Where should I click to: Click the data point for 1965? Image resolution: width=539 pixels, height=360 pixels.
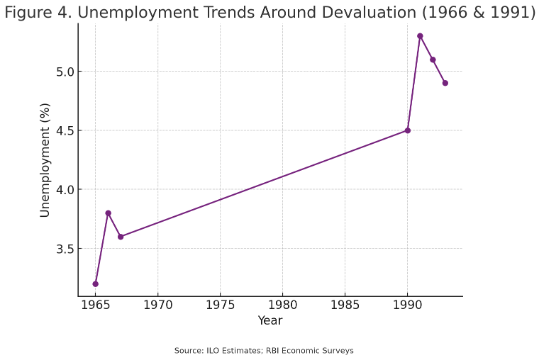(95, 283)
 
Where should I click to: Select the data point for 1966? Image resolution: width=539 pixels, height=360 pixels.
(108, 213)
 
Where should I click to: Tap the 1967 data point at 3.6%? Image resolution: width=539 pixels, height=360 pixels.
(121, 237)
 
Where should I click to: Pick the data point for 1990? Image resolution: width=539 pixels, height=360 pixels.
(407, 130)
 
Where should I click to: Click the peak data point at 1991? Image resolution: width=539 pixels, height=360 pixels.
(420, 35)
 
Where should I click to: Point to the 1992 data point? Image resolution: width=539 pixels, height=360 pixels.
(433, 60)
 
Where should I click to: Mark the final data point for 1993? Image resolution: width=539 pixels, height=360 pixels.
(445, 83)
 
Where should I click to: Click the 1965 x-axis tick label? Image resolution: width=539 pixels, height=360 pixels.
(95, 306)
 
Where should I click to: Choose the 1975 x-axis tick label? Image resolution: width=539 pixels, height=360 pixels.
(220, 306)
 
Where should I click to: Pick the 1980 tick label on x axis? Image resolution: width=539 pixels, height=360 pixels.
(282, 306)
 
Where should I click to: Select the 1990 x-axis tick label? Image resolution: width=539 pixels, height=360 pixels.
(407, 306)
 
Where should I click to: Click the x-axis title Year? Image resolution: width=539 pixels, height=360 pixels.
(269, 321)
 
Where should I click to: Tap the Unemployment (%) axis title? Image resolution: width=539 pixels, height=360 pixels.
(45, 160)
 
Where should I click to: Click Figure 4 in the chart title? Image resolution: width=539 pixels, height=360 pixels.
(35, 13)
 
